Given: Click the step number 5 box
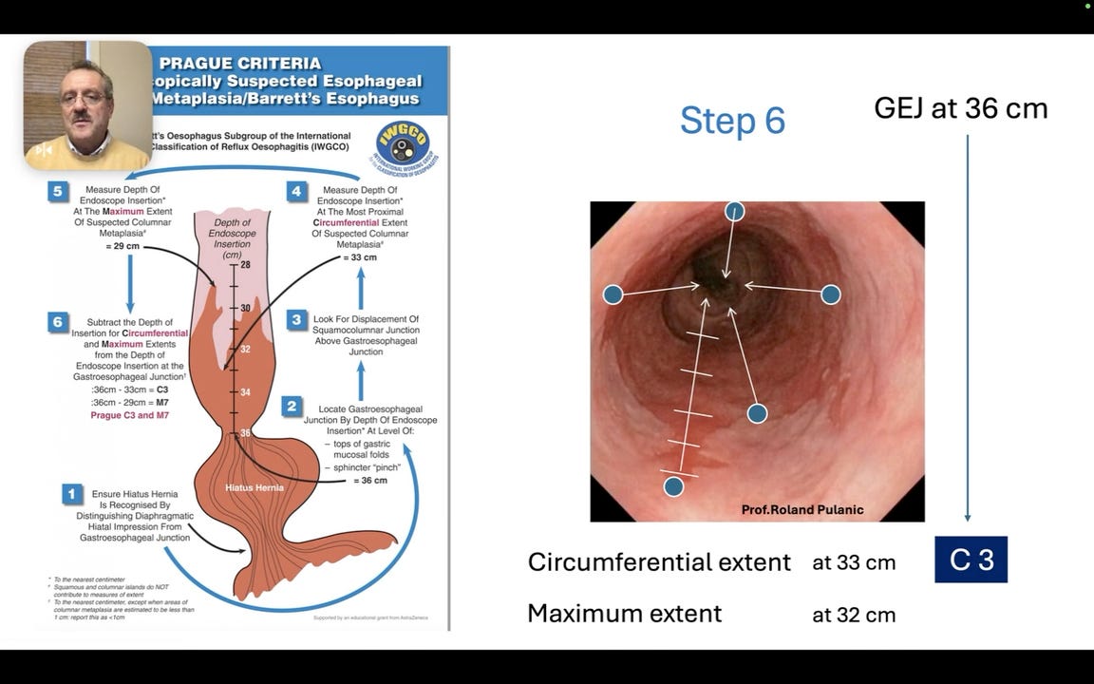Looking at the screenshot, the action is (58, 191).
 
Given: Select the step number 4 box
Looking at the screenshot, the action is (296, 191).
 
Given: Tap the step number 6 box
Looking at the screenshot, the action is (58, 322).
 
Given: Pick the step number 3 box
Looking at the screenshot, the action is (296, 320).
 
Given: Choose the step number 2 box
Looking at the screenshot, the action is (292, 407).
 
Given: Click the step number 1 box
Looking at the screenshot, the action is (71, 493).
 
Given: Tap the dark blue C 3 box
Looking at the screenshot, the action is (971, 560).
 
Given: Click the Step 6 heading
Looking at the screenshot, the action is (732, 121).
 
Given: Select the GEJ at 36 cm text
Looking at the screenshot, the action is (960, 108).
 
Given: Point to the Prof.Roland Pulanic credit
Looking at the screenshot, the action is (802, 510).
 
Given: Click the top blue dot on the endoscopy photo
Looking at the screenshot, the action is (734, 211).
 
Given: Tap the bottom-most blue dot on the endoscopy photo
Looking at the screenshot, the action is (673, 486).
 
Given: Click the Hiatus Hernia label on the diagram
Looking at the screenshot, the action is (253, 487).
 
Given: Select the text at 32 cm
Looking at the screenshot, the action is (854, 615).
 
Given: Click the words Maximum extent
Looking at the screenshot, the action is (624, 614).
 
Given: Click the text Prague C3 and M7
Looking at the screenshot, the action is (129, 415).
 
